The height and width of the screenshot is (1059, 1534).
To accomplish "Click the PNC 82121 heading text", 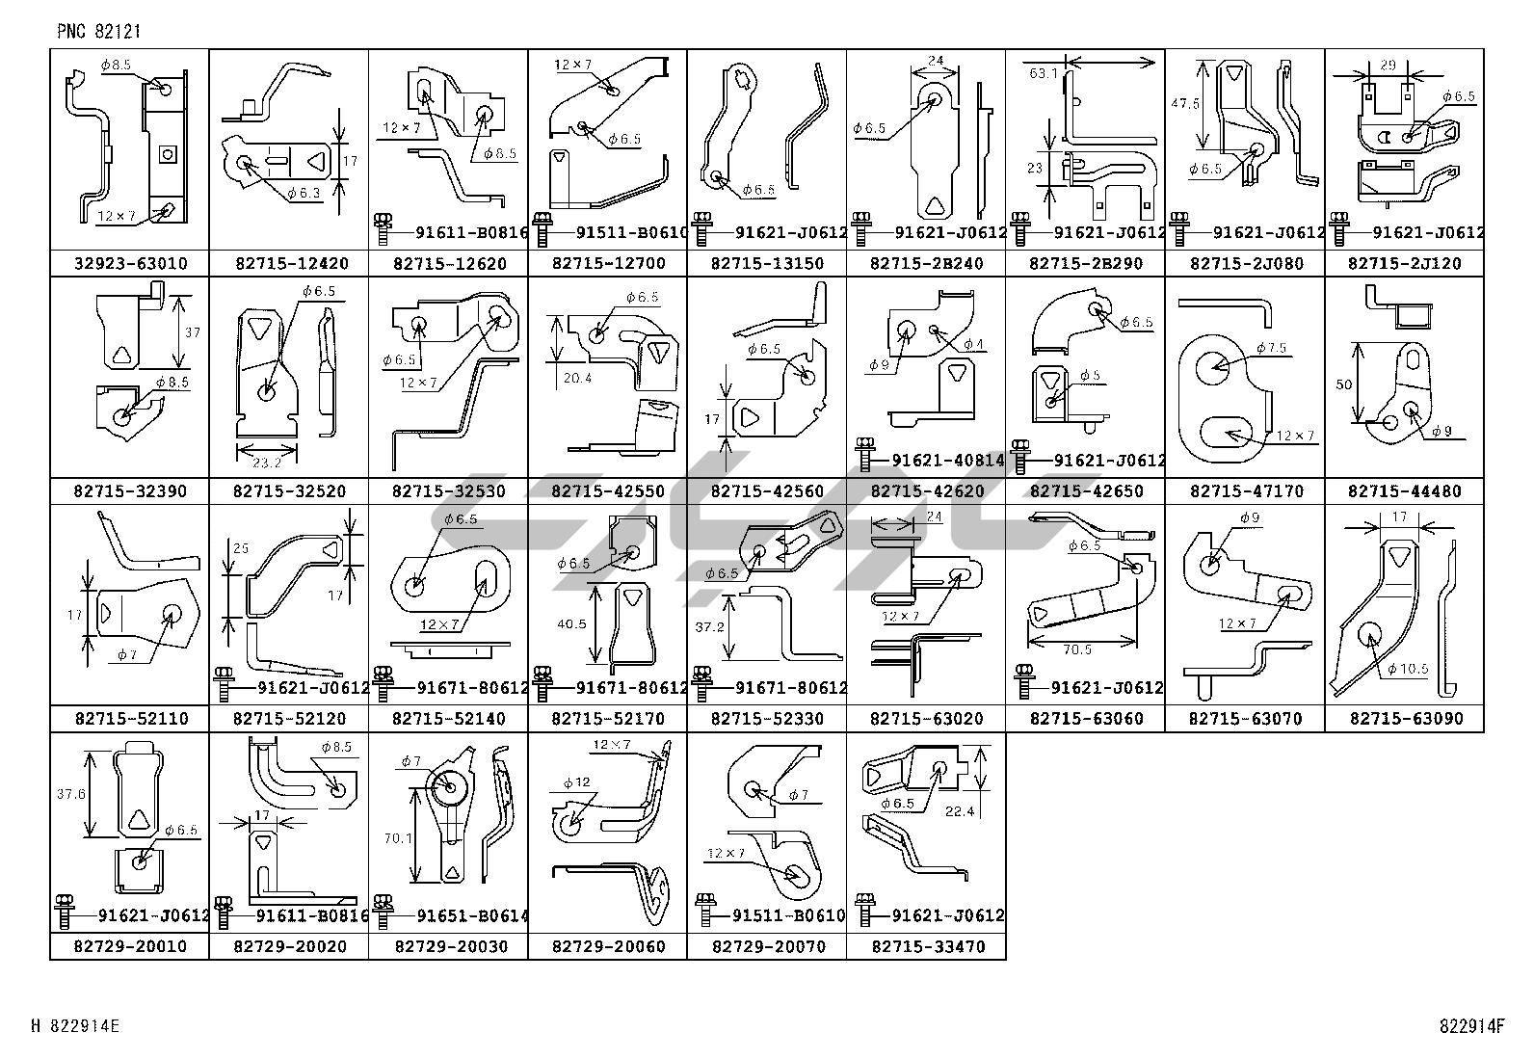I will [x=99, y=31].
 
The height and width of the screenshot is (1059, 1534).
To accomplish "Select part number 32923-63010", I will [x=130, y=263].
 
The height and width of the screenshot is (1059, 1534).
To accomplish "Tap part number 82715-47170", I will [x=1245, y=491].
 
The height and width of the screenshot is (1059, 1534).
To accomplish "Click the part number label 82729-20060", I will [x=608, y=947].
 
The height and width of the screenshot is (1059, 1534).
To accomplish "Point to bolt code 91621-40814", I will [x=947, y=461].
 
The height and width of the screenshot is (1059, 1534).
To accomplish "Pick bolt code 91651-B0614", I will [x=470, y=916].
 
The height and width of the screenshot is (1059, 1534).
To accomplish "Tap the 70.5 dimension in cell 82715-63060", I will [x=1076, y=650].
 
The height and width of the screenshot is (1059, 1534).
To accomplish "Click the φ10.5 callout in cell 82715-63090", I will [x=1408, y=668].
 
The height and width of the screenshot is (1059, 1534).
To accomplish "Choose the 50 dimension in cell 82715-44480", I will [x=1343, y=384].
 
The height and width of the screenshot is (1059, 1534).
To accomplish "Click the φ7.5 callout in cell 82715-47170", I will [x=1270, y=348].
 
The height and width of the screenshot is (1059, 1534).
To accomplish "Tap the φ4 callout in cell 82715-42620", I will [x=974, y=345].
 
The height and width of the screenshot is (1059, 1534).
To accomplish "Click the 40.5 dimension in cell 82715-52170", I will [x=571, y=624].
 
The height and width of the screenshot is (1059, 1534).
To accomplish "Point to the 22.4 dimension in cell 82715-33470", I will [x=959, y=811].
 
